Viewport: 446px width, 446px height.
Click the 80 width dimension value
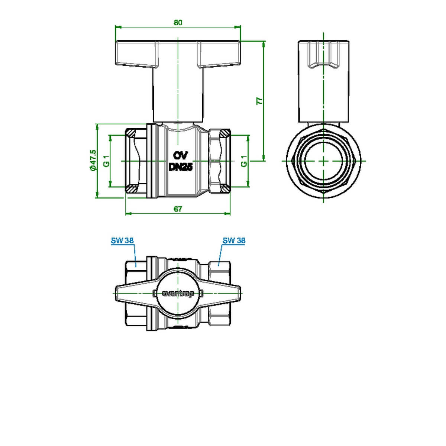(178, 22)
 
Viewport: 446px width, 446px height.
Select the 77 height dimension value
(260, 101)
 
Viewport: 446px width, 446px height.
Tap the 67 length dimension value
(178, 209)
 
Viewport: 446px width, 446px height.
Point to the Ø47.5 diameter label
(93, 161)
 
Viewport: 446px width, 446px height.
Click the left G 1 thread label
(106, 161)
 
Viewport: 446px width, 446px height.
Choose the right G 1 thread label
(244, 161)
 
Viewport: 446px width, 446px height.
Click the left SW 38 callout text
(122, 240)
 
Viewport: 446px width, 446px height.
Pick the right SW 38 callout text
(234, 240)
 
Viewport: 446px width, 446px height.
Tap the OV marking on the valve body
(181, 155)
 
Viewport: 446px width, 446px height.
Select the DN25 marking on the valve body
(181, 167)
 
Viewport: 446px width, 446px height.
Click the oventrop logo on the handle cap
(178, 294)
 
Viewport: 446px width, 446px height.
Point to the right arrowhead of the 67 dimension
(227, 213)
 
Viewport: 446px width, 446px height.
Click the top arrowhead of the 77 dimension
(264, 44)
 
